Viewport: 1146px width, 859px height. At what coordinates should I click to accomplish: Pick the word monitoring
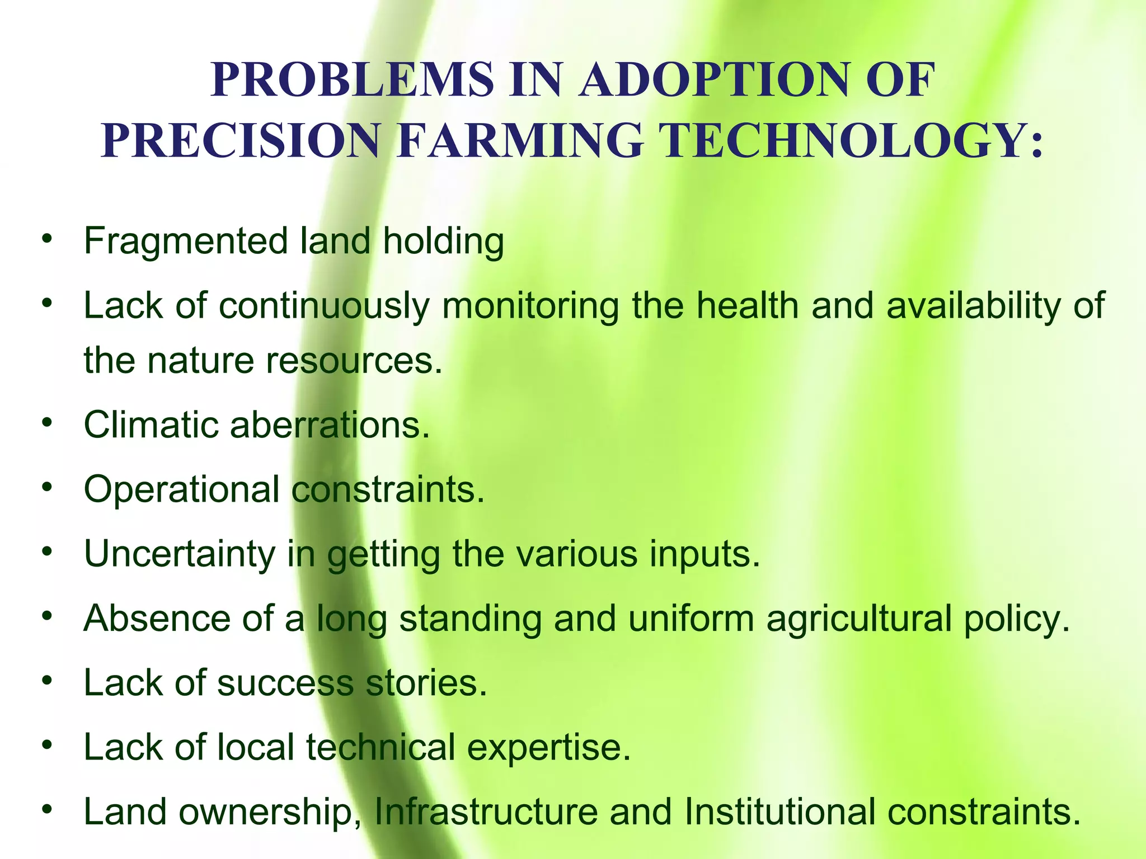click(530, 306)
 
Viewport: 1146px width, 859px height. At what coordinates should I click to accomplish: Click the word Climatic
click(151, 425)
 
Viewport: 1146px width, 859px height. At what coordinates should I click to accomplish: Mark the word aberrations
click(330, 425)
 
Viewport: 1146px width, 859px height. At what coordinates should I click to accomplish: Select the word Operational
click(181, 490)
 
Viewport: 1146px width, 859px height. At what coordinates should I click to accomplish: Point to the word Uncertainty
click(179, 555)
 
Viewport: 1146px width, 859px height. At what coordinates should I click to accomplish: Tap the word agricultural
click(859, 619)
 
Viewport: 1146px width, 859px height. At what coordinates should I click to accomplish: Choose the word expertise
click(548, 748)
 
